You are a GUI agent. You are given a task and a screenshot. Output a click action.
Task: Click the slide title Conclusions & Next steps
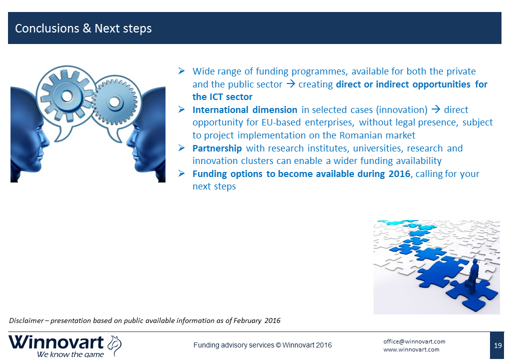coord(83,28)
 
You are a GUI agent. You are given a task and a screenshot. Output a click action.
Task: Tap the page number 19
coord(497,345)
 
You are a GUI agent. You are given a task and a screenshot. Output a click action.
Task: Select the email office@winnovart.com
coord(414,341)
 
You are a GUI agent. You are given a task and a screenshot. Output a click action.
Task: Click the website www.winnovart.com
coord(411,349)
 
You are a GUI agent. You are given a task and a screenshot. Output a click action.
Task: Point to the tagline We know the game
coord(70,354)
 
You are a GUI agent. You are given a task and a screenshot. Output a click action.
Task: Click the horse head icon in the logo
coord(114,345)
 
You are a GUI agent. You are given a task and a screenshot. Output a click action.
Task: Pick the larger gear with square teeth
coord(67,96)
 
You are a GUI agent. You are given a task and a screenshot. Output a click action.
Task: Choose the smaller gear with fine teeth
coord(114,102)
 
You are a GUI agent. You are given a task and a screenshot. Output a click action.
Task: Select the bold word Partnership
coord(217,148)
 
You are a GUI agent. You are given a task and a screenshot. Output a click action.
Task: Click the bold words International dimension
coord(244,110)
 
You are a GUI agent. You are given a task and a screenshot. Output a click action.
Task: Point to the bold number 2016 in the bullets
coord(399,174)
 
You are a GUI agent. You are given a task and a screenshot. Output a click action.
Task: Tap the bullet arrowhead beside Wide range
coord(181,71)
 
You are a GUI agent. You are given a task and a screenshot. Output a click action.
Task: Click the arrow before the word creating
coord(290,84)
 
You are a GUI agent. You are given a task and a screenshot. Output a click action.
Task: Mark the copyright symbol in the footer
coord(278,345)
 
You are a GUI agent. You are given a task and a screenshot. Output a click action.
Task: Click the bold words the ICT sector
coord(222,97)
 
